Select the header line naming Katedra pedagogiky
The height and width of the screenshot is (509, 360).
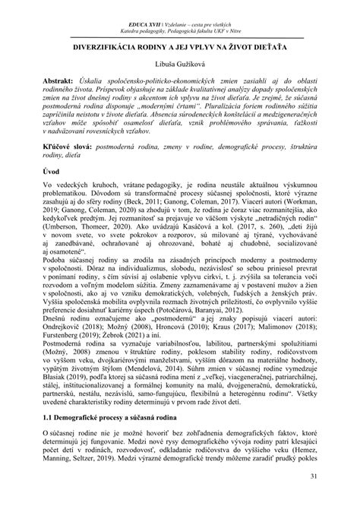tap(180, 14)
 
